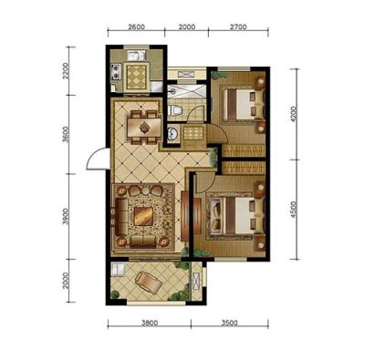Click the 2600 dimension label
click(136, 26)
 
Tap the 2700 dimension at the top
click(238, 26)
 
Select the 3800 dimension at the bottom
click(150, 323)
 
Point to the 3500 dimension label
click(229, 323)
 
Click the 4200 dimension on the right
click(293, 114)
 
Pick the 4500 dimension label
click(293, 210)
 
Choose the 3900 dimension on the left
click(66, 217)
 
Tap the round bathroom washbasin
click(172, 134)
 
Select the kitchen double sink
click(137, 57)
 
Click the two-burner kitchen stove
click(116, 72)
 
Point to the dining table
click(144, 128)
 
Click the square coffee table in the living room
click(143, 216)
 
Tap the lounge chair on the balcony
click(148, 283)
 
